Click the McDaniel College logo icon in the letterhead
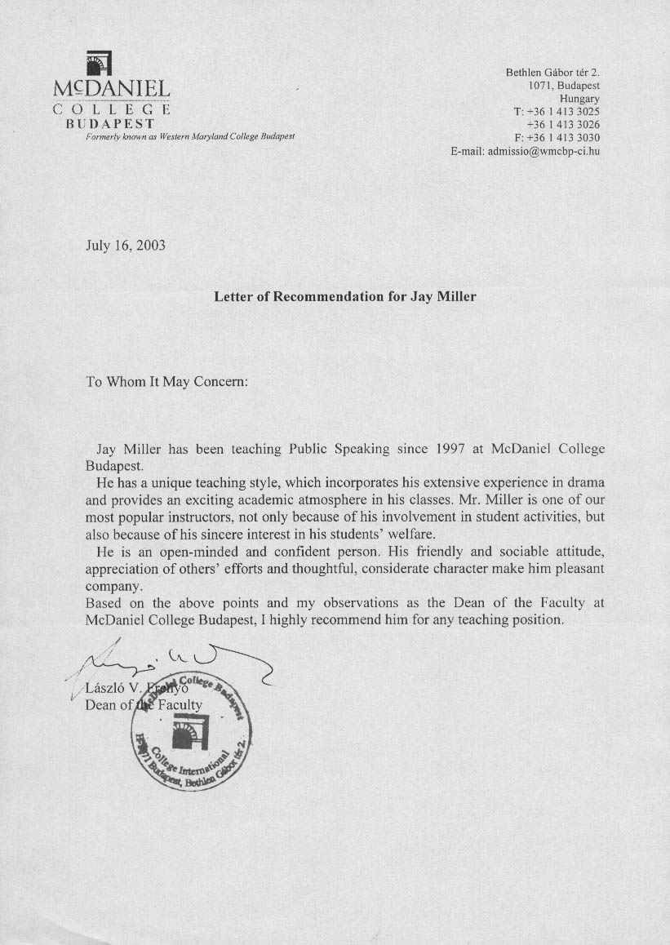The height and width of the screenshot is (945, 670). (98, 64)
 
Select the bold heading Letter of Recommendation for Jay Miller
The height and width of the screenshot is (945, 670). (344, 296)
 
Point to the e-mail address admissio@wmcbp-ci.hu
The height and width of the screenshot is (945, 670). (544, 151)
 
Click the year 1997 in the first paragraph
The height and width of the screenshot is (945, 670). (450, 449)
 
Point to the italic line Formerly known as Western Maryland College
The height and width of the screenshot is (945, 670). (190, 135)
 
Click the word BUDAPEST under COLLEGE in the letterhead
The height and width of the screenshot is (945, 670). (110, 123)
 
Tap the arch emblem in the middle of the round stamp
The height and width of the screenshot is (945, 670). (192, 730)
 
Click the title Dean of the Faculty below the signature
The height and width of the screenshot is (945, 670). (143, 705)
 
